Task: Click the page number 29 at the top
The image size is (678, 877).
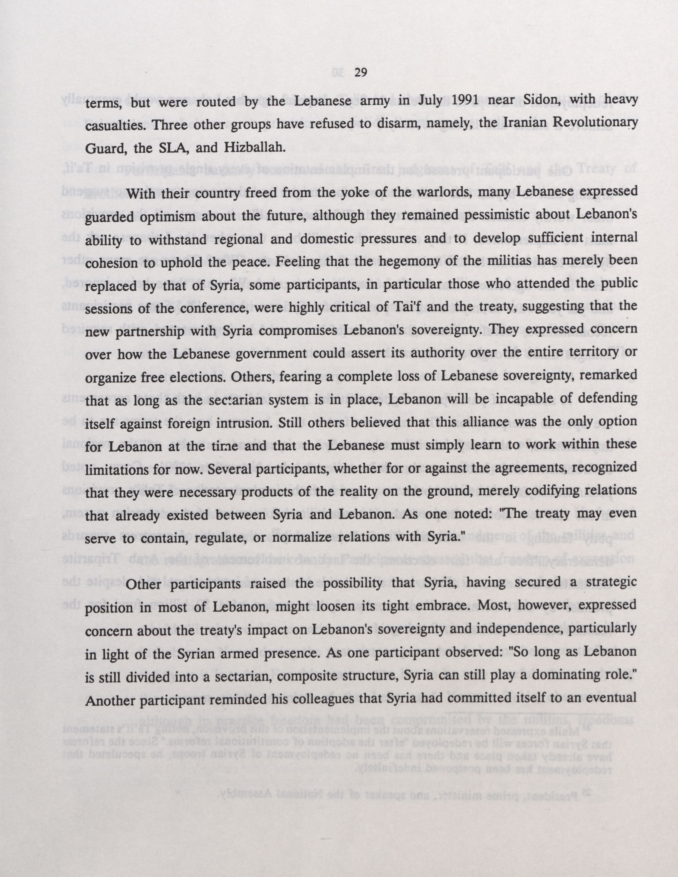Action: (361, 73)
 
